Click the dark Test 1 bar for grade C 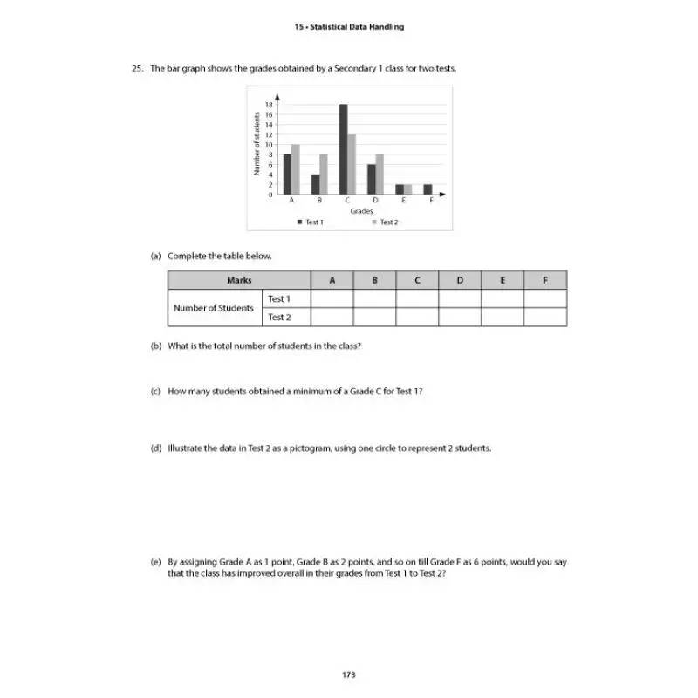click(x=344, y=149)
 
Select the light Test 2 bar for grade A click(x=296, y=169)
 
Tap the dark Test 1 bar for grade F click(x=428, y=189)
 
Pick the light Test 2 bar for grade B click(x=323, y=174)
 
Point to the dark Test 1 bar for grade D click(x=371, y=179)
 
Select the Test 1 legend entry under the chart click(x=311, y=222)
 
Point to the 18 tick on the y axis click(x=270, y=105)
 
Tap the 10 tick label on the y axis click(x=270, y=145)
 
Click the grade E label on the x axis click(x=403, y=201)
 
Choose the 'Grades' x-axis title click(x=361, y=211)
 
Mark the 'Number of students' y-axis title click(x=257, y=143)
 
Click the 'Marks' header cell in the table click(x=239, y=280)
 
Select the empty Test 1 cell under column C click(x=417, y=298)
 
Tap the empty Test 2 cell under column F click(x=545, y=318)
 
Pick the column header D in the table click(x=460, y=280)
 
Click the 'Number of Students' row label click(x=214, y=308)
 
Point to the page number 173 click(x=349, y=674)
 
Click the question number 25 click(x=137, y=68)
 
